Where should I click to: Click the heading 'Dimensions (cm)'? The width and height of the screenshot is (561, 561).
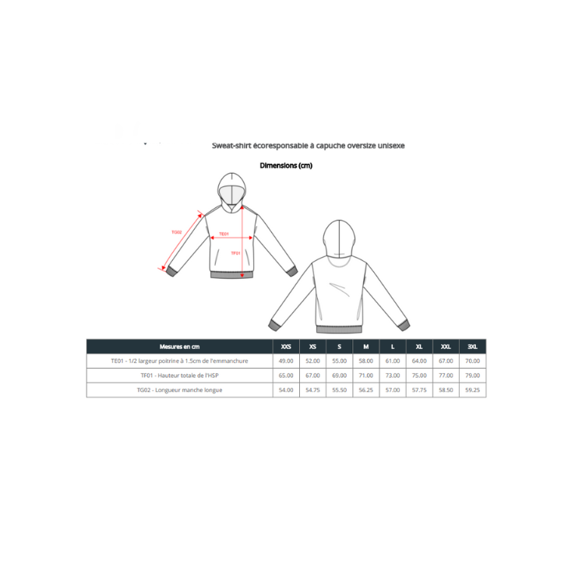[285, 165]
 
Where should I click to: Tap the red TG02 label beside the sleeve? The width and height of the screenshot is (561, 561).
[176, 232]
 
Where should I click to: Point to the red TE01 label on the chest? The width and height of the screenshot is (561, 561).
[224, 234]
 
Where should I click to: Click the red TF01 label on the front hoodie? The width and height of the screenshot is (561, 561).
[235, 253]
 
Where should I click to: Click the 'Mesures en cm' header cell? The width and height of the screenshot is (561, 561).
[179, 347]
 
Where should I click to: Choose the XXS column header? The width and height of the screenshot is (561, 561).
[286, 347]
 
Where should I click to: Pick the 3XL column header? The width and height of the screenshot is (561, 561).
[472, 347]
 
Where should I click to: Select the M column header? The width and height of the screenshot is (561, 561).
[365, 347]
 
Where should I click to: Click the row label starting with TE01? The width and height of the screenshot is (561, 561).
[179, 362]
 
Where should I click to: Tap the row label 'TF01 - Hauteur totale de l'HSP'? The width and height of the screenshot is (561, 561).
[179, 376]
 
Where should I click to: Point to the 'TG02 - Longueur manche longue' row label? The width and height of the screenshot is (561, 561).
[179, 390]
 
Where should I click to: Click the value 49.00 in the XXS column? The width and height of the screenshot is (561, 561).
[286, 362]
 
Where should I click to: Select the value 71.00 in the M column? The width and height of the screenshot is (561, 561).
[365, 376]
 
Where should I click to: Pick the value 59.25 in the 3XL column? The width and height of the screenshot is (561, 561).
[472, 390]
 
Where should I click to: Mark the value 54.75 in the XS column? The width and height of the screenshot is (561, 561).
[312, 390]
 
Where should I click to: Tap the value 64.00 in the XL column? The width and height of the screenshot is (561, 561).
[419, 362]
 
